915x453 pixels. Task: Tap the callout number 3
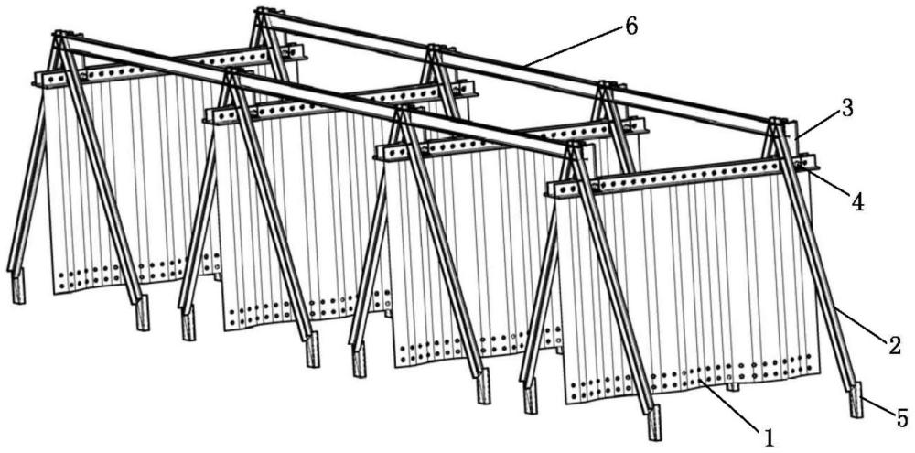(x=846, y=109)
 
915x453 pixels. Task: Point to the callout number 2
(x=894, y=346)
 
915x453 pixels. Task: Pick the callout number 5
(x=901, y=418)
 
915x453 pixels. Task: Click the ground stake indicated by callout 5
(x=856, y=400)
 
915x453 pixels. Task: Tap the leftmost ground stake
(x=18, y=286)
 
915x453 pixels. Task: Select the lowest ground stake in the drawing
(x=654, y=423)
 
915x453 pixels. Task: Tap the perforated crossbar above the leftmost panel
(x=169, y=65)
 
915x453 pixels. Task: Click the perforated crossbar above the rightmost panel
(x=681, y=174)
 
